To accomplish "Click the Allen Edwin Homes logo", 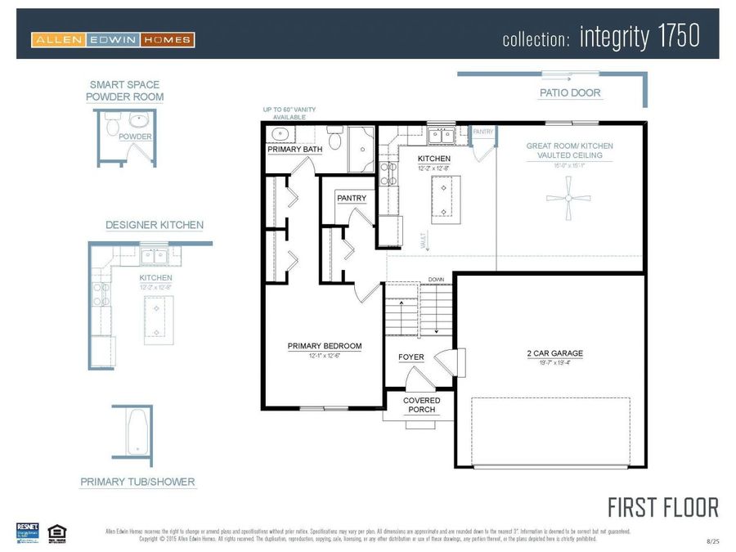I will (x=113, y=39).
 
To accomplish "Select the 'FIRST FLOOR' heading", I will (x=663, y=507).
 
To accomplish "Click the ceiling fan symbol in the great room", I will (x=568, y=198).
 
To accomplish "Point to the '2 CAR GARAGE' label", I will (x=554, y=353).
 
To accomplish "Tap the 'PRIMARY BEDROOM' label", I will (x=324, y=346).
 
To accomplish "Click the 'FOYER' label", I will (x=411, y=357).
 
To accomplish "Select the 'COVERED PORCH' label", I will (x=423, y=405).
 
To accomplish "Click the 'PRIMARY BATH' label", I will (x=294, y=150).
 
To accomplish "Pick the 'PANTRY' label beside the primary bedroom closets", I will (x=352, y=198).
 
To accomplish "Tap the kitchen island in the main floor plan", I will (x=443, y=199).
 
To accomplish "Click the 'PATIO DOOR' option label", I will (x=570, y=93).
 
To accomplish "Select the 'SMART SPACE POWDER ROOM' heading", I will (x=124, y=91).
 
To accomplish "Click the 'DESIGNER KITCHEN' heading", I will (x=154, y=225).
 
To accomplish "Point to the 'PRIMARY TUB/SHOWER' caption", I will (x=137, y=482).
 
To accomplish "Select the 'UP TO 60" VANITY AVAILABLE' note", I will (x=289, y=113).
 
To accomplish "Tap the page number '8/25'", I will (x=713, y=541).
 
